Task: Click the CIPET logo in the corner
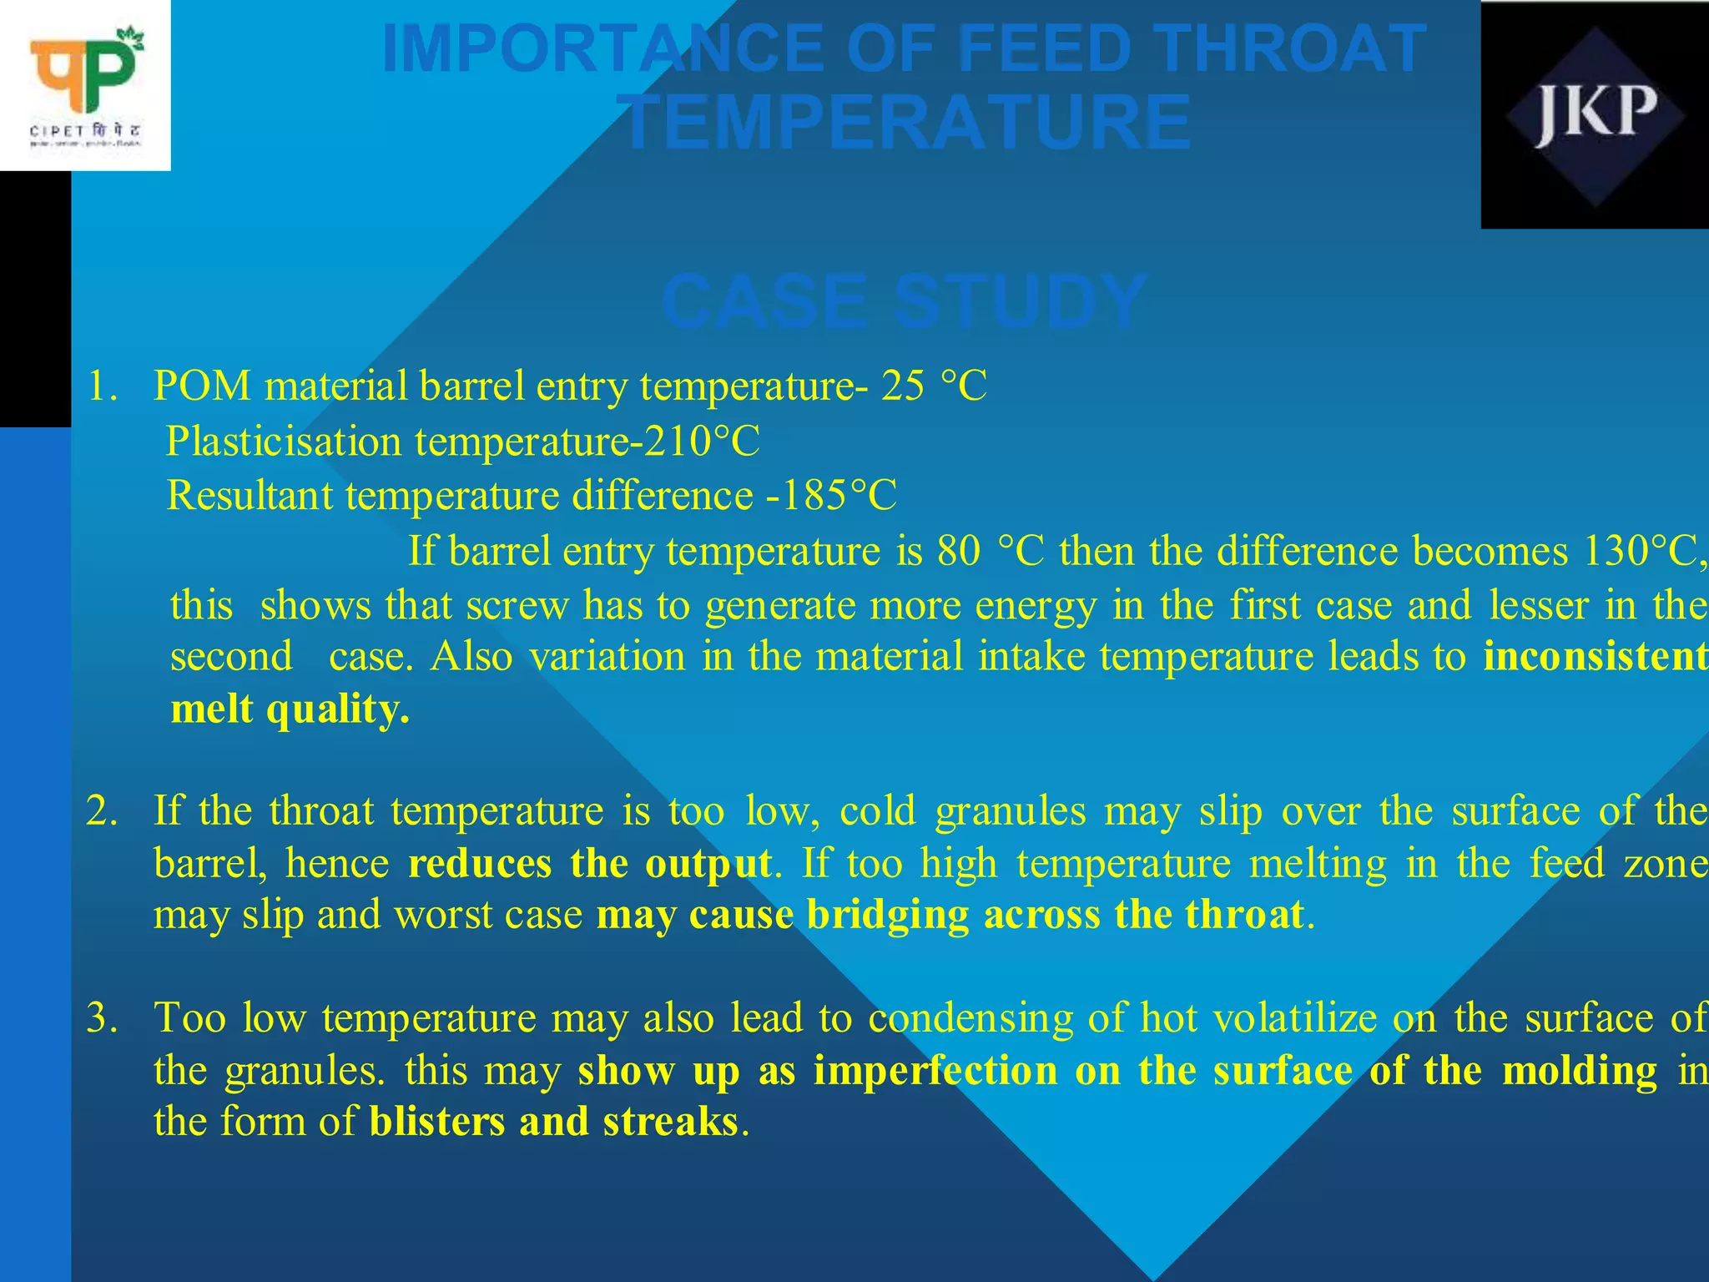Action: tap(85, 85)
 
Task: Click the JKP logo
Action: tap(1595, 115)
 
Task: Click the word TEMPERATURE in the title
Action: tap(908, 124)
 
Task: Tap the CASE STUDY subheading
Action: tap(905, 301)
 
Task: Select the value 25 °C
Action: tap(934, 386)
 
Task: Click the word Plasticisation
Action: tap(284, 442)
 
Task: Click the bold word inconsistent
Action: tap(1595, 657)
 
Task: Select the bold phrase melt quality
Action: tap(290, 710)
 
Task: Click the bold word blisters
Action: tap(437, 1122)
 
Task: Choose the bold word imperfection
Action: tap(935, 1071)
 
